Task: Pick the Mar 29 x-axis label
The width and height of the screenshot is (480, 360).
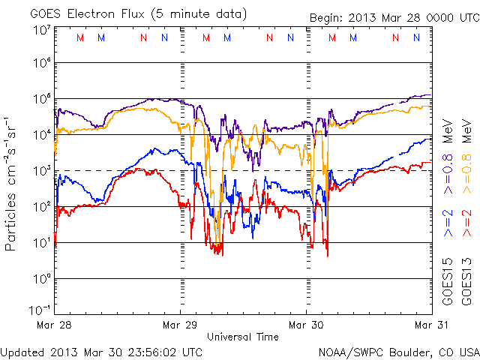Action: [180, 325]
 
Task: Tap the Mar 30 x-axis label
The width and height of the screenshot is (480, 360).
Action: [305, 325]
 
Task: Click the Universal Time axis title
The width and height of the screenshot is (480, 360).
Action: [242, 337]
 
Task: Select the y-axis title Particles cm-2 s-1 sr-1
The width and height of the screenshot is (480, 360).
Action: [12, 184]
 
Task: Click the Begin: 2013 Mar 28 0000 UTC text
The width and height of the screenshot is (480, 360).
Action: [394, 18]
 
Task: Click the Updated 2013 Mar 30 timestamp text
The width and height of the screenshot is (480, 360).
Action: [101, 352]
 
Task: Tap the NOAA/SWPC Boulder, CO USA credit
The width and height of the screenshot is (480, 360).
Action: [398, 352]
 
